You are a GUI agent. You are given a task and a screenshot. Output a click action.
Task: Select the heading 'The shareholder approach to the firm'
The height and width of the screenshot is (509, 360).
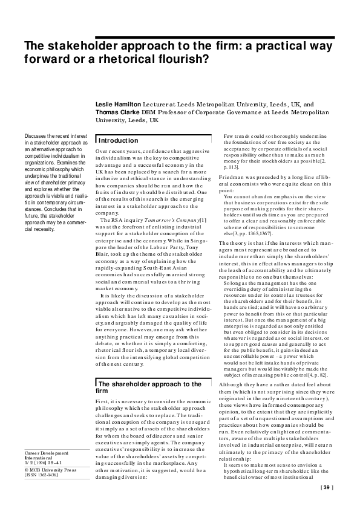(149, 371)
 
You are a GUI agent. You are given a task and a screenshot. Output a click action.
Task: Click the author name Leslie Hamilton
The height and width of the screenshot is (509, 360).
(118, 104)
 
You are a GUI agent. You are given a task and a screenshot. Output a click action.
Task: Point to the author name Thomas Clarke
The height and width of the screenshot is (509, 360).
(117, 112)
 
